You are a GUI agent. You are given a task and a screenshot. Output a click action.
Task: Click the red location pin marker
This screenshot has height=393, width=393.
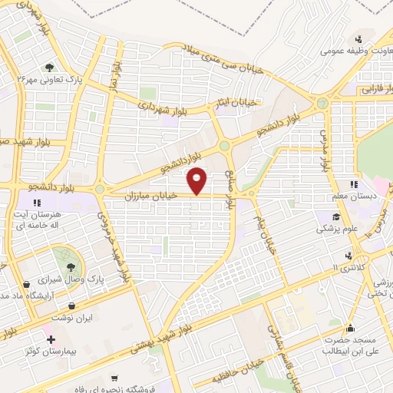199,181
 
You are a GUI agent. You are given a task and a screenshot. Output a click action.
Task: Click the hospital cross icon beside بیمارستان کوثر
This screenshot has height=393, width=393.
51,339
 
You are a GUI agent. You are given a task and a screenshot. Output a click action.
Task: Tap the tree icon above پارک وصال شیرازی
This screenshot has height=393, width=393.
71,266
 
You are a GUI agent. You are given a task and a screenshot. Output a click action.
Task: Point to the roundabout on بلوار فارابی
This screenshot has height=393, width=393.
322,103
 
